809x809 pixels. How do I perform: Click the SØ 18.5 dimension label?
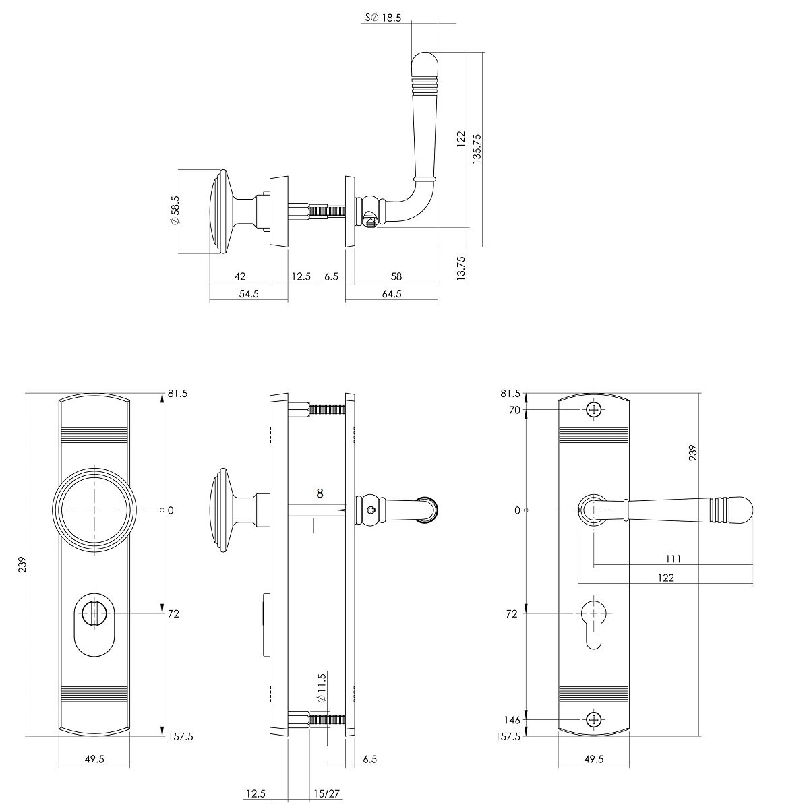(x=383, y=18)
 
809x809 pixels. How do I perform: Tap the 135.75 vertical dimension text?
(x=477, y=148)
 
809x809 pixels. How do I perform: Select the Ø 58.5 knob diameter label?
(x=175, y=211)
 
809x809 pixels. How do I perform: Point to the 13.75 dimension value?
(x=461, y=268)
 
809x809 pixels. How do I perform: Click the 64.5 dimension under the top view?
(x=392, y=294)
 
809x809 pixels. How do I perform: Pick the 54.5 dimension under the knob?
(x=249, y=294)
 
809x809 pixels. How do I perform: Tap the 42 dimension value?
(x=240, y=276)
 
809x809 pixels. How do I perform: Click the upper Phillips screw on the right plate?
(x=594, y=409)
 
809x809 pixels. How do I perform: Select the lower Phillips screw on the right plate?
(x=594, y=719)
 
